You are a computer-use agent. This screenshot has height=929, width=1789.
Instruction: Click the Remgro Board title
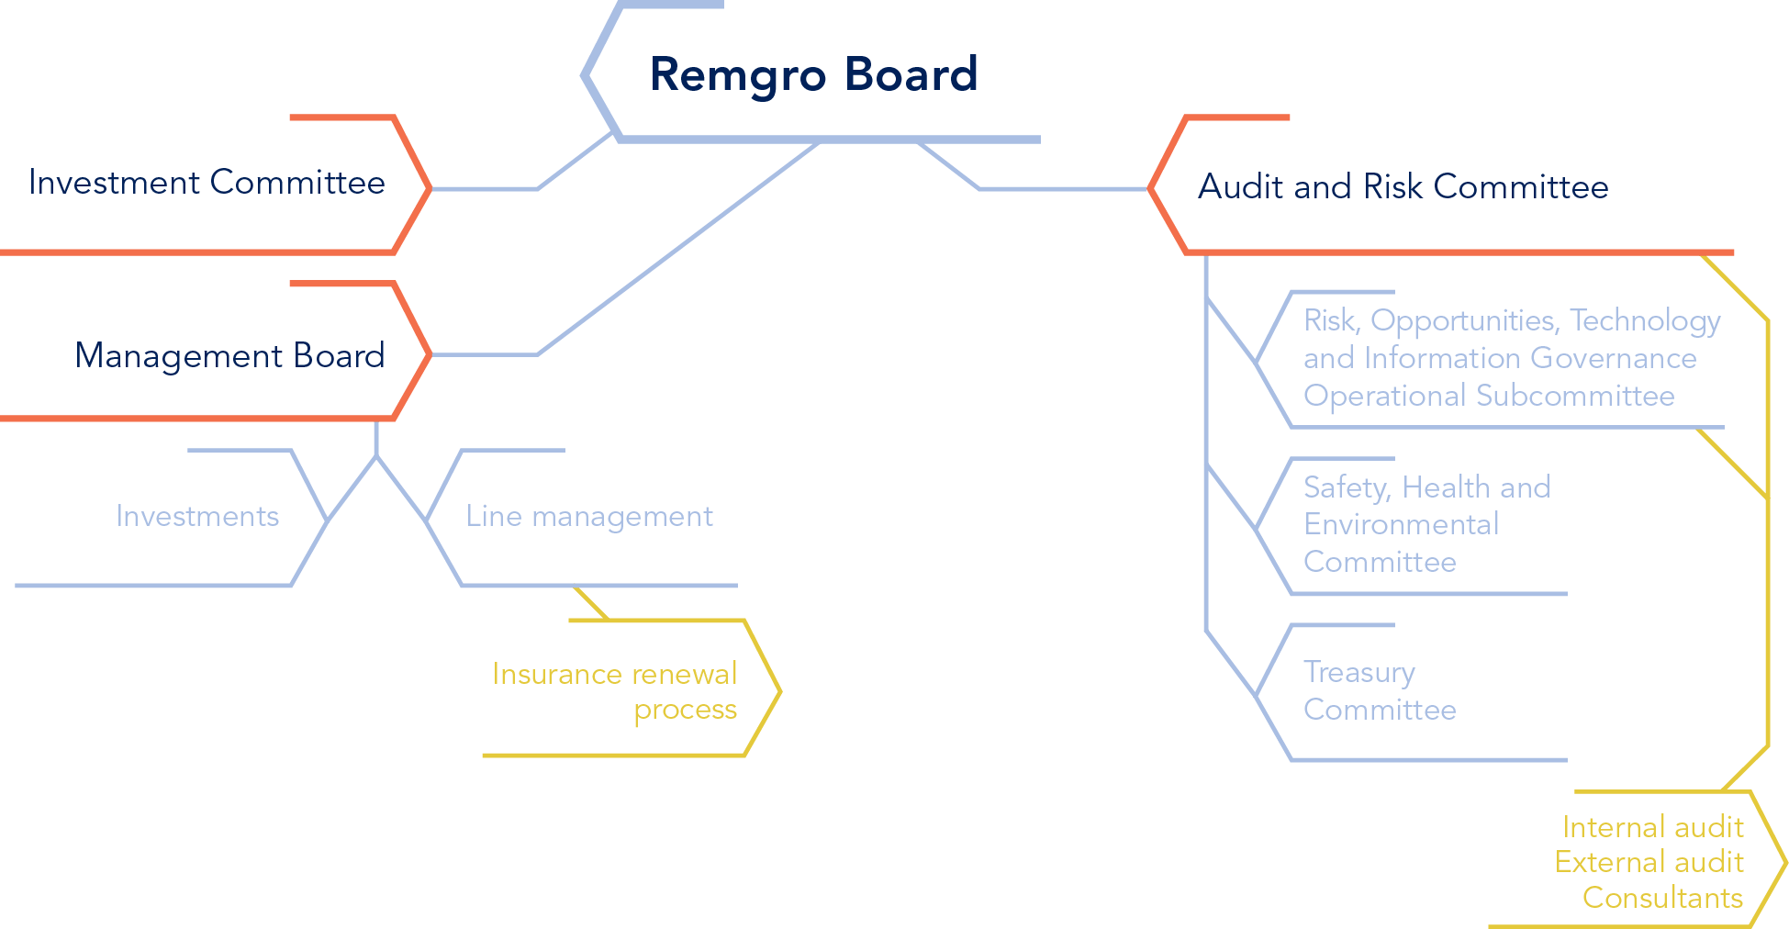[x=813, y=74]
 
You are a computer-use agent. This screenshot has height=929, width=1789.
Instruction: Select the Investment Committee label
[x=207, y=183]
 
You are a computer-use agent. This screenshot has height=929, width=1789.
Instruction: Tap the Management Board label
[x=229, y=355]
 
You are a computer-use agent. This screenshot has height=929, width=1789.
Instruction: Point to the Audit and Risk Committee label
[x=1403, y=186]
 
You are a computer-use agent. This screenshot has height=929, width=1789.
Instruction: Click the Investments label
[x=197, y=516]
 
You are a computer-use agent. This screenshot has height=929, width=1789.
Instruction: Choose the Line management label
[x=588, y=516]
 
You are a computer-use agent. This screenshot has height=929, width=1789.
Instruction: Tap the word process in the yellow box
[x=685, y=710]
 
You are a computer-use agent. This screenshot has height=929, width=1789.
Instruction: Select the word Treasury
[x=1359, y=672]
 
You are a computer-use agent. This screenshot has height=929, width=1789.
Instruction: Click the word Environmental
[x=1401, y=524]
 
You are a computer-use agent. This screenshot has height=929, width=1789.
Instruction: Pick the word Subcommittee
[x=1575, y=396]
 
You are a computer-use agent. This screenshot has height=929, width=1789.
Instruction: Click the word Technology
[x=1644, y=320]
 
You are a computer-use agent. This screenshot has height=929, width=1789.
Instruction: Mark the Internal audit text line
[x=1652, y=827]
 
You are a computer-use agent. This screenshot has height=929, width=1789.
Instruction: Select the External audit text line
[x=1649, y=862]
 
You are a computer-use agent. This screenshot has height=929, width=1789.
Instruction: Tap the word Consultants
[x=1662, y=897]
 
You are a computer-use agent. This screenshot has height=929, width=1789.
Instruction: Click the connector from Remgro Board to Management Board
[x=679, y=248]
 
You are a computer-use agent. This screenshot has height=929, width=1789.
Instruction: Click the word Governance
[x=1613, y=358]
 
